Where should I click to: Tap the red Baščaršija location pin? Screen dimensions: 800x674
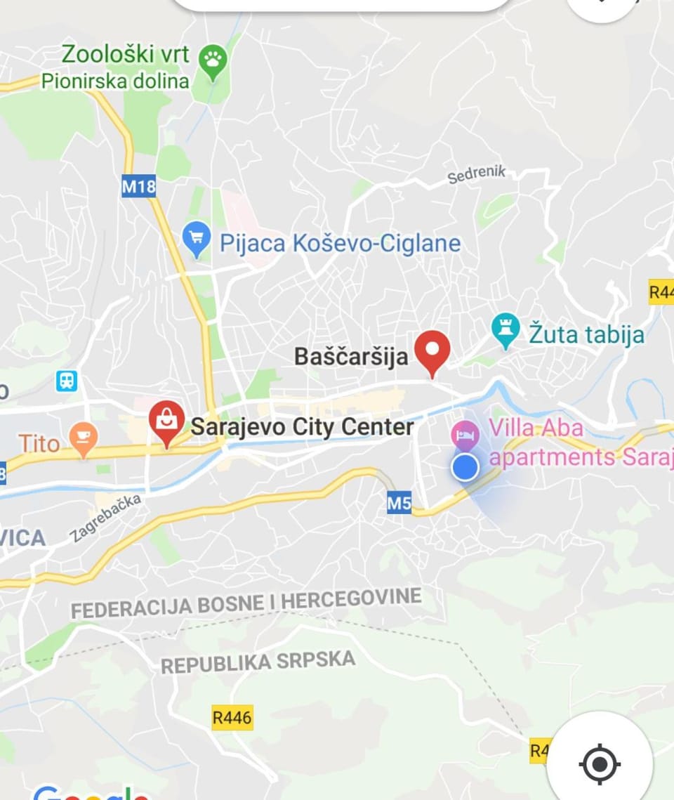tap(432, 351)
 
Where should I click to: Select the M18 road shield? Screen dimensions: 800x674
tap(138, 186)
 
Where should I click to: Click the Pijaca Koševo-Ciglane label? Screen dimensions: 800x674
tap(340, 244)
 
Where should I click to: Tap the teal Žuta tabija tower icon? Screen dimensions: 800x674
tap(505, 330)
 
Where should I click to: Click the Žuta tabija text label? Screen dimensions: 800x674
tap(586, 334)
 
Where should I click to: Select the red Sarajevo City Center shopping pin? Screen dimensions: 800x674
tap(166, 421)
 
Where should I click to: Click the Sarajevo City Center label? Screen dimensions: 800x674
tap(303, 426)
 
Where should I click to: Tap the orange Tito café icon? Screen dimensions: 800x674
tap(83, 441)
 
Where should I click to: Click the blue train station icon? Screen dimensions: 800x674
tap(67, 381)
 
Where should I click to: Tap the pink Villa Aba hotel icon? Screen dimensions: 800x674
tap(464, 433)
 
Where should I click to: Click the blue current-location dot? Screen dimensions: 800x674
tap(464, 466)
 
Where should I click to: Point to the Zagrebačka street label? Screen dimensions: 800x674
tap(106, 518)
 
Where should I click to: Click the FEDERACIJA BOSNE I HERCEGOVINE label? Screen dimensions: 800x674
tap(246, 604)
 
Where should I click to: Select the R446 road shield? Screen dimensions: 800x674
tap(232, 717)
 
